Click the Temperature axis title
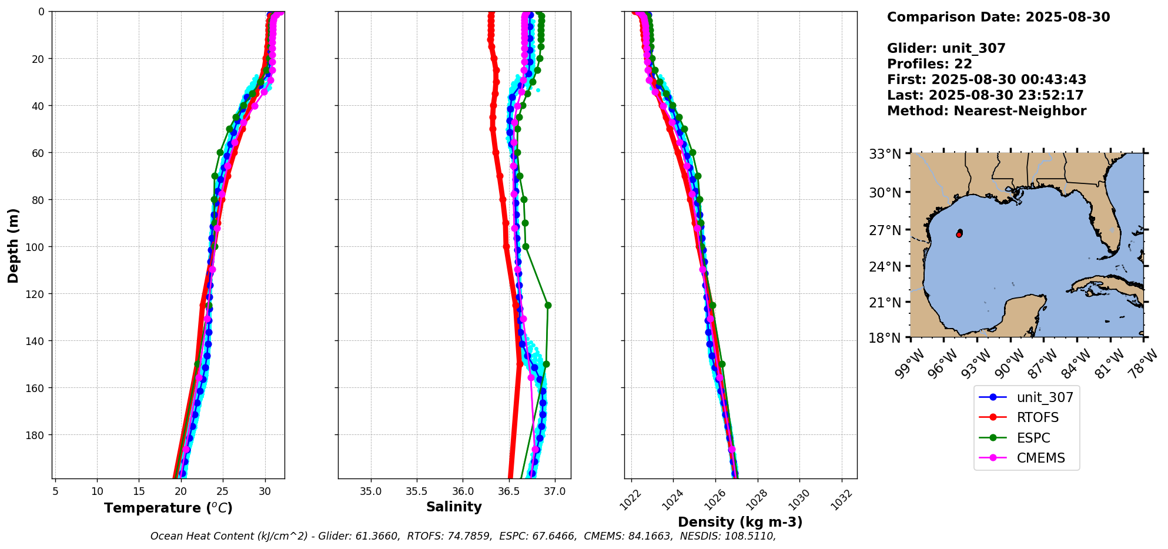coord(168,508)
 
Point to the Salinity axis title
coord(454,507)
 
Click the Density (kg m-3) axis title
coord(740,522)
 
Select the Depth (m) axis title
coord(13,245)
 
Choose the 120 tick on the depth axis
coord(36,294)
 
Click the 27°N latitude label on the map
coord(885,230)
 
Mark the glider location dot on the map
coord(959,233)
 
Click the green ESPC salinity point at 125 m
coord(548,305)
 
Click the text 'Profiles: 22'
coord(929,64)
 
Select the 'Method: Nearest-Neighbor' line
coord(986,111)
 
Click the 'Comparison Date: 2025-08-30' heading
coord(998,17)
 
